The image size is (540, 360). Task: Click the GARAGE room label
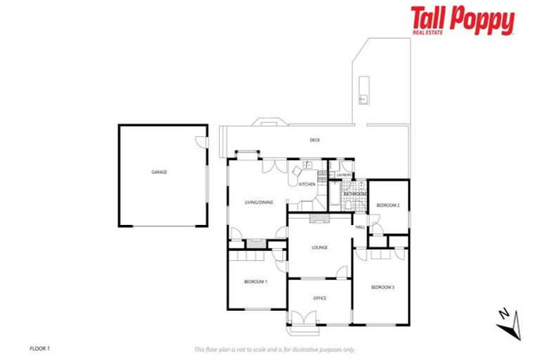pos(159,172)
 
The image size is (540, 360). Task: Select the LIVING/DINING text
pos(258,202)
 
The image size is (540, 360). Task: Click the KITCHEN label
pos(307,184)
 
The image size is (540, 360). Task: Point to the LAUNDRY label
pos(344,174)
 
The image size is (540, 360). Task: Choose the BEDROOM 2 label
pos(388,205)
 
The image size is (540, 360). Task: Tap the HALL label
pos(360,227)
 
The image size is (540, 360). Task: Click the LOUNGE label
pos(320,247)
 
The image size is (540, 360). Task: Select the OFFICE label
pos(319,298)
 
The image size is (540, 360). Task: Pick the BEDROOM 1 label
pos(255,282)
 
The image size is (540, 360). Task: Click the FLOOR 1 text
pos(39,348)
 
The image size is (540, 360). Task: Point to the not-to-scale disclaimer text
pos(275,349)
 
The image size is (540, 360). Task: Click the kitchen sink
pos(307,165)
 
